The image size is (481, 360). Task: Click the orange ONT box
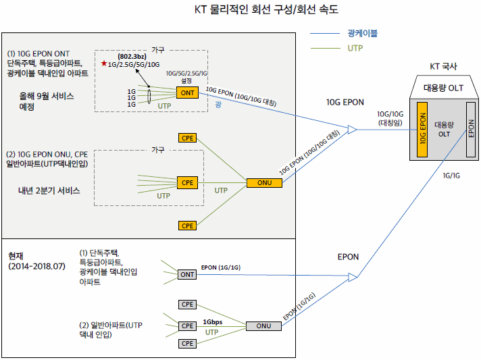click(x=187, y=93)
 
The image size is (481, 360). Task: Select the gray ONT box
click(x=187, y=274)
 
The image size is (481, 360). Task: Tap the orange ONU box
click(x=264, y=183)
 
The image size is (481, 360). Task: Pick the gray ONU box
click(x=264, y=326)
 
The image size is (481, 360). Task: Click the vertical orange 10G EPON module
click(x=422, y=130)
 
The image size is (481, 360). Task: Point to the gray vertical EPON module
click(x=471, y=130)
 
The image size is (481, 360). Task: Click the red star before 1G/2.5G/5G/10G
click(x=104, y=63)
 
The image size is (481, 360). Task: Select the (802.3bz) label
click(x=132, y=57)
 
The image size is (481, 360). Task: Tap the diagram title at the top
click(x=266, y=9)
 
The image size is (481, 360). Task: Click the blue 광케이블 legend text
click(x=362, y=33)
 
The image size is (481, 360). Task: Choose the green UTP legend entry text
click(x=355, y=48)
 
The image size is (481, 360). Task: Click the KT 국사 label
click(x=443, y=66)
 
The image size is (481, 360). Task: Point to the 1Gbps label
click(x=212, y=322)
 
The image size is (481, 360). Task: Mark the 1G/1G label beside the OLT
click(x=451, y=176)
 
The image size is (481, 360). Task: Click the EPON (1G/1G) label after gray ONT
click(x=221, y=267)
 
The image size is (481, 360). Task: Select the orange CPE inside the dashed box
click(x=187, y=183)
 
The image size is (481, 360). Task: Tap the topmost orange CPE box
click(x=187, y=138)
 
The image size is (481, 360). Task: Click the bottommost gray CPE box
click(x=187, y=343)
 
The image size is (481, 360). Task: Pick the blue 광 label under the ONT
click(x=218, y=105)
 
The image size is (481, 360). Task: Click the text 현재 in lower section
click(x=16, y=256)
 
